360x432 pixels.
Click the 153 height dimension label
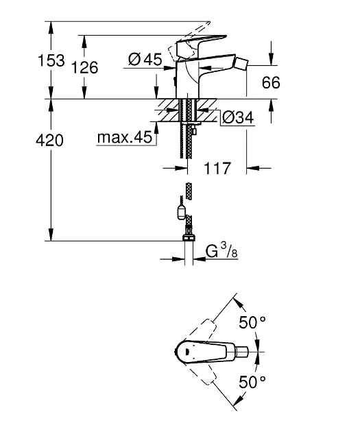point(51,60)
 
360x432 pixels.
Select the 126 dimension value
point(85,67)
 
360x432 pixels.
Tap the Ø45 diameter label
point(145,59)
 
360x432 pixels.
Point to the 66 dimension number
point(271,82)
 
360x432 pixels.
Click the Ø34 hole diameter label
point(238,118)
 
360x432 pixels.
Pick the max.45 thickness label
point(125,137)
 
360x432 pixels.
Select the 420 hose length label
point(49,141)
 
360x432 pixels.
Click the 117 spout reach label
point(217,168)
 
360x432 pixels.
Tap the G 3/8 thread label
point(221,251)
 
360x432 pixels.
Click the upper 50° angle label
point(252,322)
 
